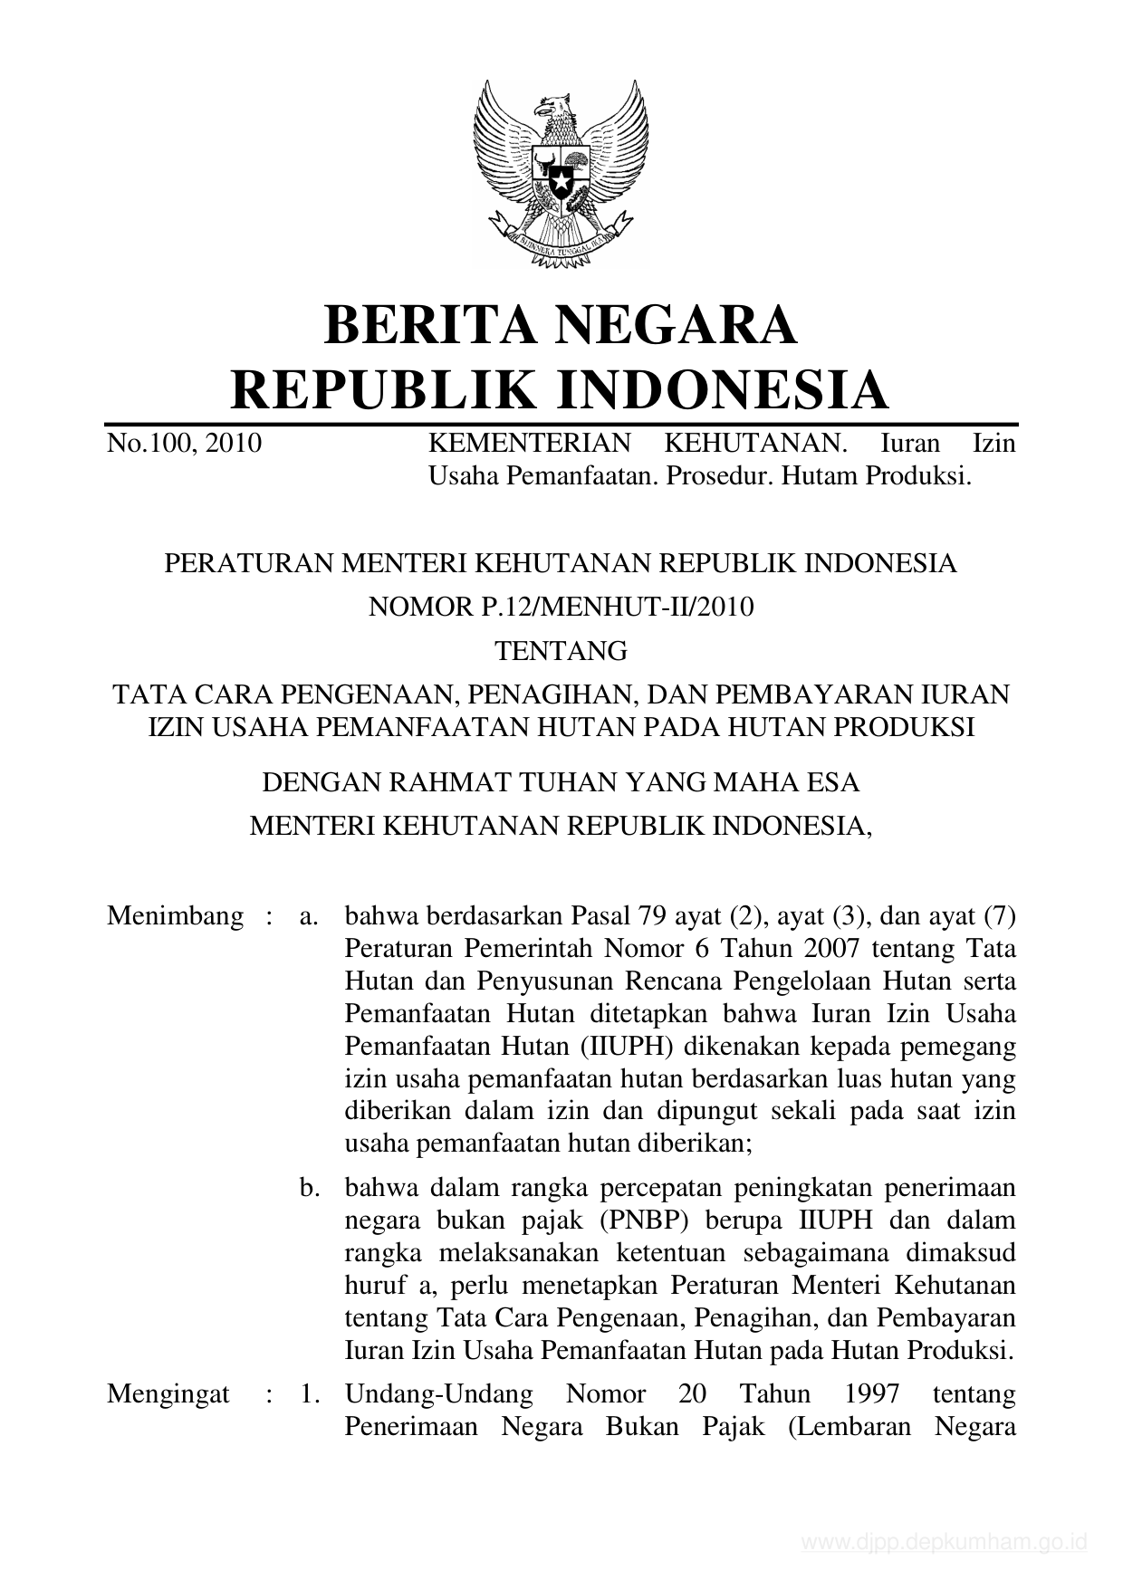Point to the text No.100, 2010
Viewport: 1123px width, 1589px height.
tap(184, 444)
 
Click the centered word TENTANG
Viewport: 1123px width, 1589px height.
tap(561, 650)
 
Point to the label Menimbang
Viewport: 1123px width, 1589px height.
tap(175, 915)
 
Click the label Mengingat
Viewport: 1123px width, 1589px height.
tap(168, 1393)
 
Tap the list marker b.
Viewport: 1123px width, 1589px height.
tap(310, 1187)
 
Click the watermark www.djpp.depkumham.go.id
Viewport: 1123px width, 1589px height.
tap(945, 1543)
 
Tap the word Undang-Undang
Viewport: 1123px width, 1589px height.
tap(439, 1393)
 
